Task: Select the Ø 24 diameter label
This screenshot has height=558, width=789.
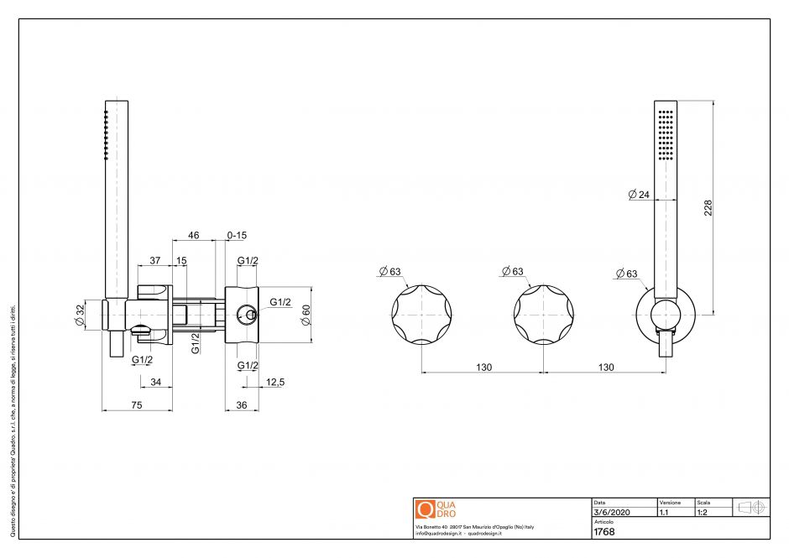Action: click(x=639, y=195)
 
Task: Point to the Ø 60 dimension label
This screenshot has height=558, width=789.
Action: click(x=306, y=315)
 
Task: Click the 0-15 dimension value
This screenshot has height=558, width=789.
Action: click(x=238, y=236)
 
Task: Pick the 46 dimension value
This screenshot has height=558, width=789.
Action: click(x=193, y=236)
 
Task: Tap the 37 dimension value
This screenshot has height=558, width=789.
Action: click(x=154, y=261)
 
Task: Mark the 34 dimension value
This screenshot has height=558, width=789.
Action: click(x=155, y=382)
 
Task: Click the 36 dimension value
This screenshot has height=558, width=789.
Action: click(x=241, y=404)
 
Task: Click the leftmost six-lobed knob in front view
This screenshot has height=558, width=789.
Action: click(x=421, y=316)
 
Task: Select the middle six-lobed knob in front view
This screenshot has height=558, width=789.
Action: click(x=543, y=316)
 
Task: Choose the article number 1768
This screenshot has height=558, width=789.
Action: click(x=604, y=531)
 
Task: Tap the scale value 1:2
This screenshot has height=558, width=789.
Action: click(x=703, y=511)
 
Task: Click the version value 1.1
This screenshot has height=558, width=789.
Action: click(x=664, y=511)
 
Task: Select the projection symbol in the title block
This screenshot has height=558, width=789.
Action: click(x=750, y=507)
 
